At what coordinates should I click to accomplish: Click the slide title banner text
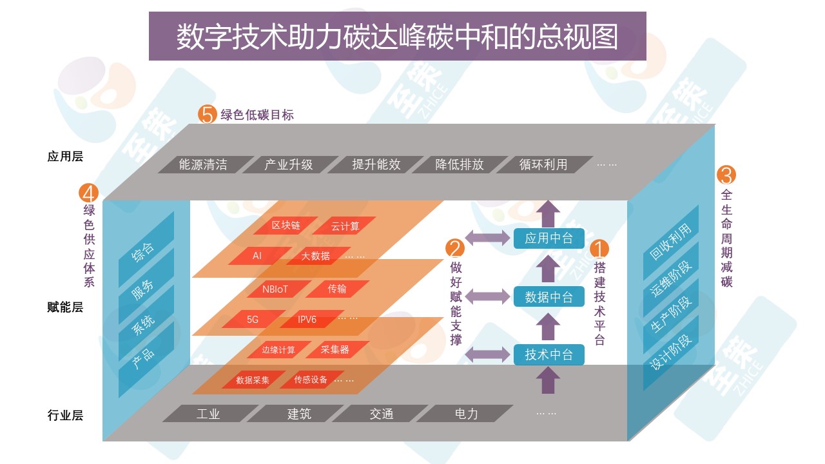pyautogui.click(x=397, y=37)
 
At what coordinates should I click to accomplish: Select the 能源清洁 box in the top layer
pyautogui.click(x=204, y=164)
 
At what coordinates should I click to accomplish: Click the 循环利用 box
pyautogui.click(x=543, y=164)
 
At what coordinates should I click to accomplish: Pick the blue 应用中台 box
pyautogui.click(x=548, y=238)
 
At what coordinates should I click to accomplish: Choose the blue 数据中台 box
pyautogui.click(x=548, y=296)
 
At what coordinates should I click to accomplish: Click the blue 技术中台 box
pyautogui.click(x=548, y=354)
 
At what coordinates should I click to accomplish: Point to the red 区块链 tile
pyautogui.click(x=286, y=226)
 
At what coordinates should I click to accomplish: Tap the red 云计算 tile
pyautogui.click(x=345, y=226)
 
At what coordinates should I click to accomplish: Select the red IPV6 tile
pyautogui.click(x=307, y=319)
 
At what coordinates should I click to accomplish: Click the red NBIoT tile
pyautogui.click(x=276, y=289)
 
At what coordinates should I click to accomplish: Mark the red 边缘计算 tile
pyautogui.click(x=278, y=350)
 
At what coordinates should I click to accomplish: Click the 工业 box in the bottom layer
pyautogui.click(x=208, y=414)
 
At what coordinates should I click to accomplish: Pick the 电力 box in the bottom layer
pyautogui.click(x=466, y=414)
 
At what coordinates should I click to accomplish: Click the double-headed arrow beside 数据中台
pyautogui.click(x=488, y=296)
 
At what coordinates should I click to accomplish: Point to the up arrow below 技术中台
pyautogui.click(x=548, y=380)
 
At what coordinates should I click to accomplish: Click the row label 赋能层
pyautogui.click(x=65, y=307)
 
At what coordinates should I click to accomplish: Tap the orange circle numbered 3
pyautogui.click(x=726, y=175)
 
